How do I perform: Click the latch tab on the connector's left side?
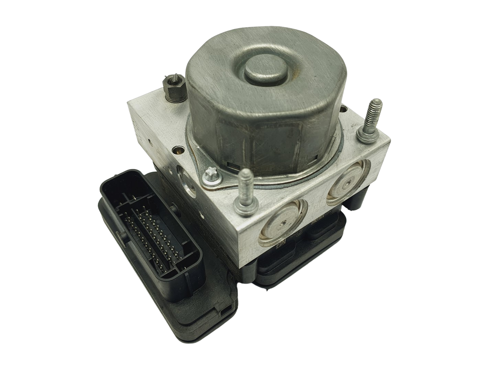click(121, 236)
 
